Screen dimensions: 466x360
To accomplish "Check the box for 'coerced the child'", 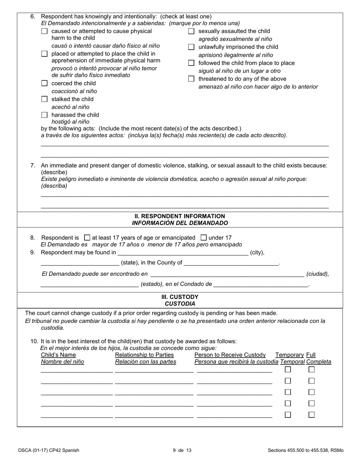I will coord(44,83).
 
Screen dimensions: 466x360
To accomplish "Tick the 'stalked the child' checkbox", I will coord(44,99).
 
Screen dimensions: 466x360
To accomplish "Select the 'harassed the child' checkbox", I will coord(44,115).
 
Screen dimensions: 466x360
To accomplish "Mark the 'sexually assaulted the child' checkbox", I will coord(191,31).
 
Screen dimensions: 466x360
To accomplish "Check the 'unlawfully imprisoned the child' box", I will coord(191,47).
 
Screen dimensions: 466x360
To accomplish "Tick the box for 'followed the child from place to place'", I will coord(191,63).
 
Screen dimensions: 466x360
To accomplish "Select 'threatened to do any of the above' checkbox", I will coord(191,79).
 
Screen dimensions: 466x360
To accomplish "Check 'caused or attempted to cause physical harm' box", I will coord(44,31).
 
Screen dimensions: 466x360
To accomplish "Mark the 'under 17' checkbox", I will coord(203,238).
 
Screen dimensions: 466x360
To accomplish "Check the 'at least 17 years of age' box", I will coord(87,238).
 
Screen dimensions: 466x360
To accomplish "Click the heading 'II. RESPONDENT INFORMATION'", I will coord(180,216).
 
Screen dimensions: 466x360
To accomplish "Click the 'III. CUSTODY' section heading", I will coord(180,297).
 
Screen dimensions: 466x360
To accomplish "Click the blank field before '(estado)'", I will coord(89,284).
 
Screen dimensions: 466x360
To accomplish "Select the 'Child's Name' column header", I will coord(58,355).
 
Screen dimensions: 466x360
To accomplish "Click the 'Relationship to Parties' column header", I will coord(144,355).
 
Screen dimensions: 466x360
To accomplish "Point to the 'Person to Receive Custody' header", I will coord(230,355).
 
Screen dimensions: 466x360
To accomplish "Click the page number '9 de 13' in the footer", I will coord(182,450).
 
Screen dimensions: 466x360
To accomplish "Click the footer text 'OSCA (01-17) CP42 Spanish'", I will coord(49,450).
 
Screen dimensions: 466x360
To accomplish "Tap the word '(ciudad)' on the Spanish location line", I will coord(318,274).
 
